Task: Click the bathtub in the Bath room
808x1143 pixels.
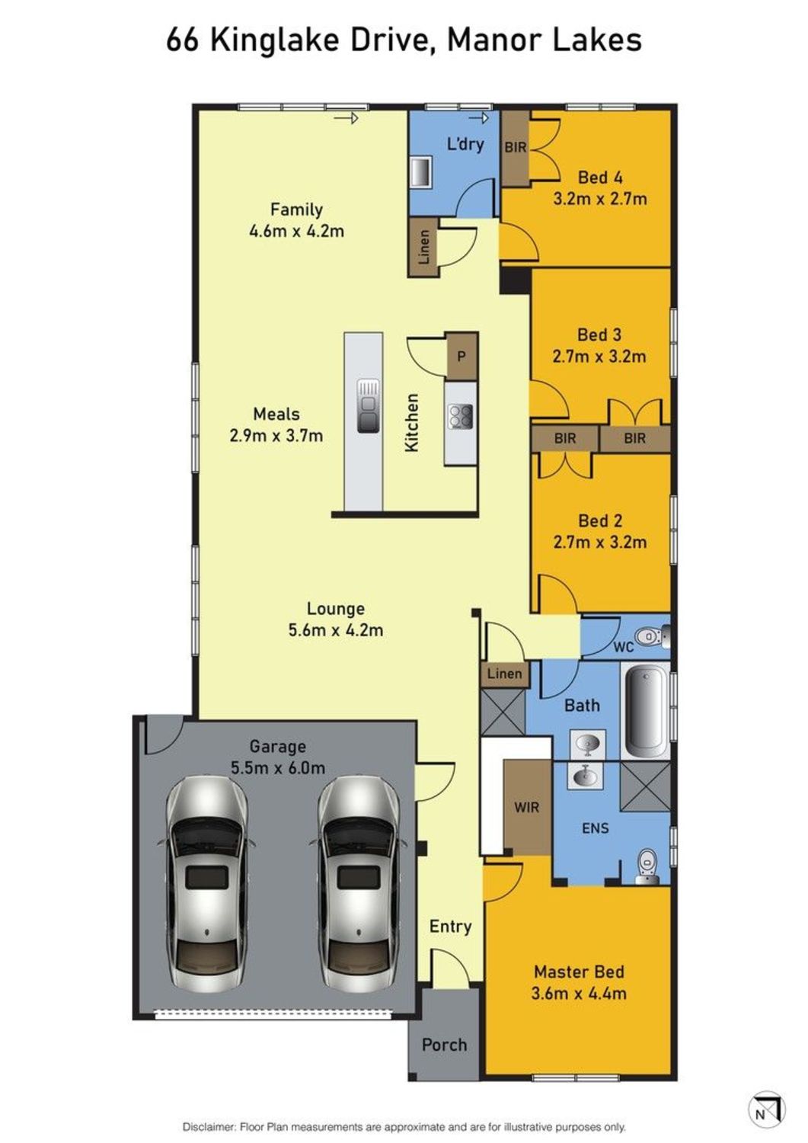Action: tap(646, 710)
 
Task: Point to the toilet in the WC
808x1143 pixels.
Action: tap(649, 636)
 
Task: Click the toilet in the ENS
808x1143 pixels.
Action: tap(647, 864)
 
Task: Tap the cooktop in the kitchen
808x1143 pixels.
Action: tap(461, 416)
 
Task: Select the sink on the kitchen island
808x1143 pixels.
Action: tap(369, 405)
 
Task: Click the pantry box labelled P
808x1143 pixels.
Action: tap(461, 356)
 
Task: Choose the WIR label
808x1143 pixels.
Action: tap(526, 807)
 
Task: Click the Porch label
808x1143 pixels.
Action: tap(444, 1045)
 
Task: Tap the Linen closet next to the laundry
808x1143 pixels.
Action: tap(424, 247)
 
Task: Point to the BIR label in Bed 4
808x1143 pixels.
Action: tap(515, 147)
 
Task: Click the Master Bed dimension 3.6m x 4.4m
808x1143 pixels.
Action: tap(579, 993)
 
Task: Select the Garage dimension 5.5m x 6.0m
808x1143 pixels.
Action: tap(277, 768)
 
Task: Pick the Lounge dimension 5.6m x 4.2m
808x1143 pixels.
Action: tap(335, 630)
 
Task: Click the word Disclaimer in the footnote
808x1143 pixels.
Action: tap(208, 1127)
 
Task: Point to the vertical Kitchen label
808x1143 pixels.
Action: tap(412, 423)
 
